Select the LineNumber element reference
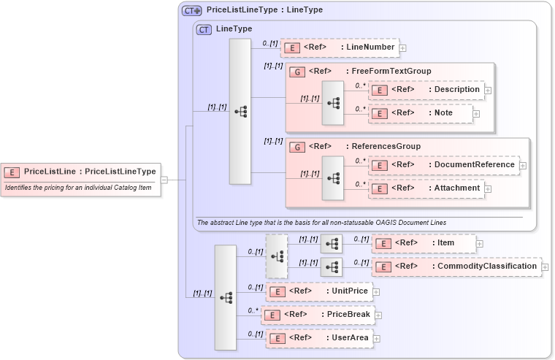[x=340, y=47]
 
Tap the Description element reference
[x=426, y=90]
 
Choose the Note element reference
[x=420, y=113]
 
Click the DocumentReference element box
[x=444, y=165]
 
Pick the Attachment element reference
[x=426, y=188]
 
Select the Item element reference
[x=424, y=243]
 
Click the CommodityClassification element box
[x=456, y=267]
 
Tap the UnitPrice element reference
[x=319, y=291]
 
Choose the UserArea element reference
[x=319, y=338]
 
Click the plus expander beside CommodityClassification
[x=546, y=267]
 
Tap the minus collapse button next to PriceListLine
[x=164, y=180]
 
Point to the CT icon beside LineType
[x=204, y=29]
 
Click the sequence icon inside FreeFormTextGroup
[x=333, y=102]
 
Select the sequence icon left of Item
[x=332, y=243]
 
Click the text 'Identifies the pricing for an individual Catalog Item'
[x=69, y=188]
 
